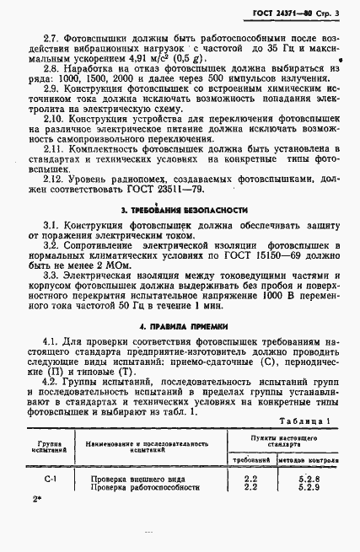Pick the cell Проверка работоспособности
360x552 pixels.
tap(146, 487)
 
